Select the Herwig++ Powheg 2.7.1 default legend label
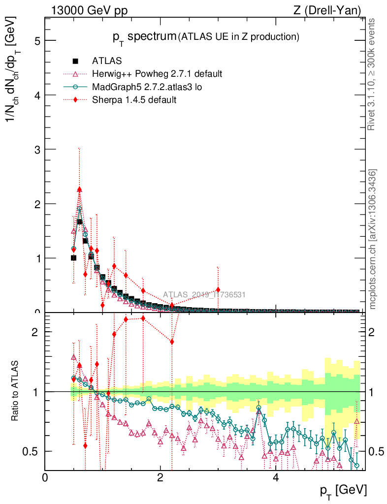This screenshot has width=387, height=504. click(157, 74)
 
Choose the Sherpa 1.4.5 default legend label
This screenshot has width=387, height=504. click(134, 100)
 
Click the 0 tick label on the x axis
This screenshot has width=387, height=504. click(45, 478)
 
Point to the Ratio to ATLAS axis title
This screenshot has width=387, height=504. click(15, 391)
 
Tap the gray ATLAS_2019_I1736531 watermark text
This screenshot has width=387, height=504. click(204, 295)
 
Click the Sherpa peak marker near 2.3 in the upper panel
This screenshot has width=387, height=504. click(79, 189)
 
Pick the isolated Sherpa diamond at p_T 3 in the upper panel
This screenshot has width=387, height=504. click(218, 290)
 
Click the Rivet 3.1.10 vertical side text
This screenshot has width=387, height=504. click(372, 74)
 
